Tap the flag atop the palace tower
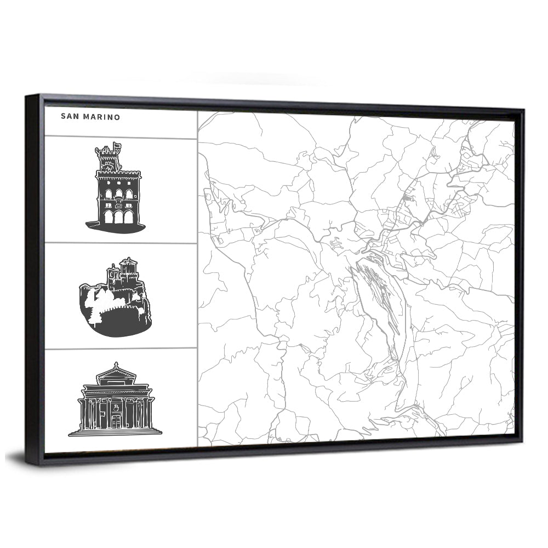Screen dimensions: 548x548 click(x=116, y=146)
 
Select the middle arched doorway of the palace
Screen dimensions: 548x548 click(x=118, y=218)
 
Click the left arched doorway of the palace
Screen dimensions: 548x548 click(x=109, y=217)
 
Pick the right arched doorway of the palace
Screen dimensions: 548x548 click(x=128, y=218)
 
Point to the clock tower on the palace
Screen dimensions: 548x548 click(x=108, y=159)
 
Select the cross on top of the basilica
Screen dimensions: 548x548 click(x=116, y=363)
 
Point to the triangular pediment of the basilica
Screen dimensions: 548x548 click(x=116, y=375)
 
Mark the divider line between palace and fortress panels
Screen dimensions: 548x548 click(x=121, y=243)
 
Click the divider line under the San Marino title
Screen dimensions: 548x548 click(x=121, y=138)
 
